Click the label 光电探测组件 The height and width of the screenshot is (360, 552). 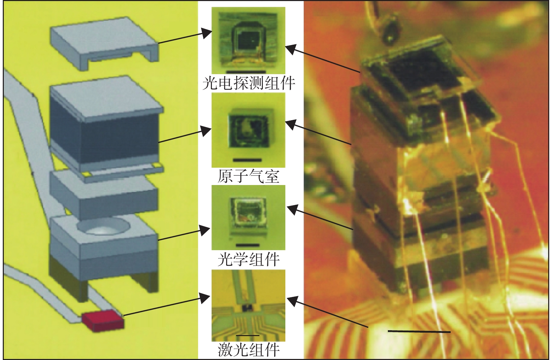coord(249,84)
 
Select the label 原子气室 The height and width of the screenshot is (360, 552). coord(248,176)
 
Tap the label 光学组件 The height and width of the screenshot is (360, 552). coord(248,260)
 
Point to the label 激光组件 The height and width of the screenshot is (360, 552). coord(248,349)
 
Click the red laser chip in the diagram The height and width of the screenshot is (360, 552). coord(103,321)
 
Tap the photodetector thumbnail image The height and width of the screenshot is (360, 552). coord(248,41)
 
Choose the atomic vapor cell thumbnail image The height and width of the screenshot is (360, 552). coord(248,130)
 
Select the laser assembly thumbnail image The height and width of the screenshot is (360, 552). coord(248,306)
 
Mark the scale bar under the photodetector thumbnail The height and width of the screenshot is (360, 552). coord(246,72)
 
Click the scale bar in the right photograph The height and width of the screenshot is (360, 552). coord(419,332)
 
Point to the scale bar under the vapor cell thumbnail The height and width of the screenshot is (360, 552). coord(247,160)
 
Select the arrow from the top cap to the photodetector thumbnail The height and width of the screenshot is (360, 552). coord(185,36)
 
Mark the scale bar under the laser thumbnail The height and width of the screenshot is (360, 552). coord(247,335)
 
